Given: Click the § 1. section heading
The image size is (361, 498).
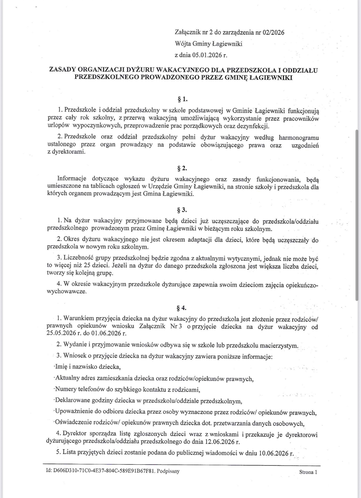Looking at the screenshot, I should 182,99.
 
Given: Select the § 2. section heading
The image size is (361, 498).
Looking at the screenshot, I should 182,168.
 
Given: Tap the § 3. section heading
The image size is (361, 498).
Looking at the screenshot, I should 182,210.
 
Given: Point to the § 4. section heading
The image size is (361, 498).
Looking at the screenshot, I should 182,308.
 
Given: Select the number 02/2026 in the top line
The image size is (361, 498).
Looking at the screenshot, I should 273,32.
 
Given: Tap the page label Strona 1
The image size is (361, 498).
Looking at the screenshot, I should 308,472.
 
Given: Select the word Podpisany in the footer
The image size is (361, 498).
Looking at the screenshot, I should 169,471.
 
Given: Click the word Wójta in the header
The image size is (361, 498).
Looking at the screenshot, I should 183,44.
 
